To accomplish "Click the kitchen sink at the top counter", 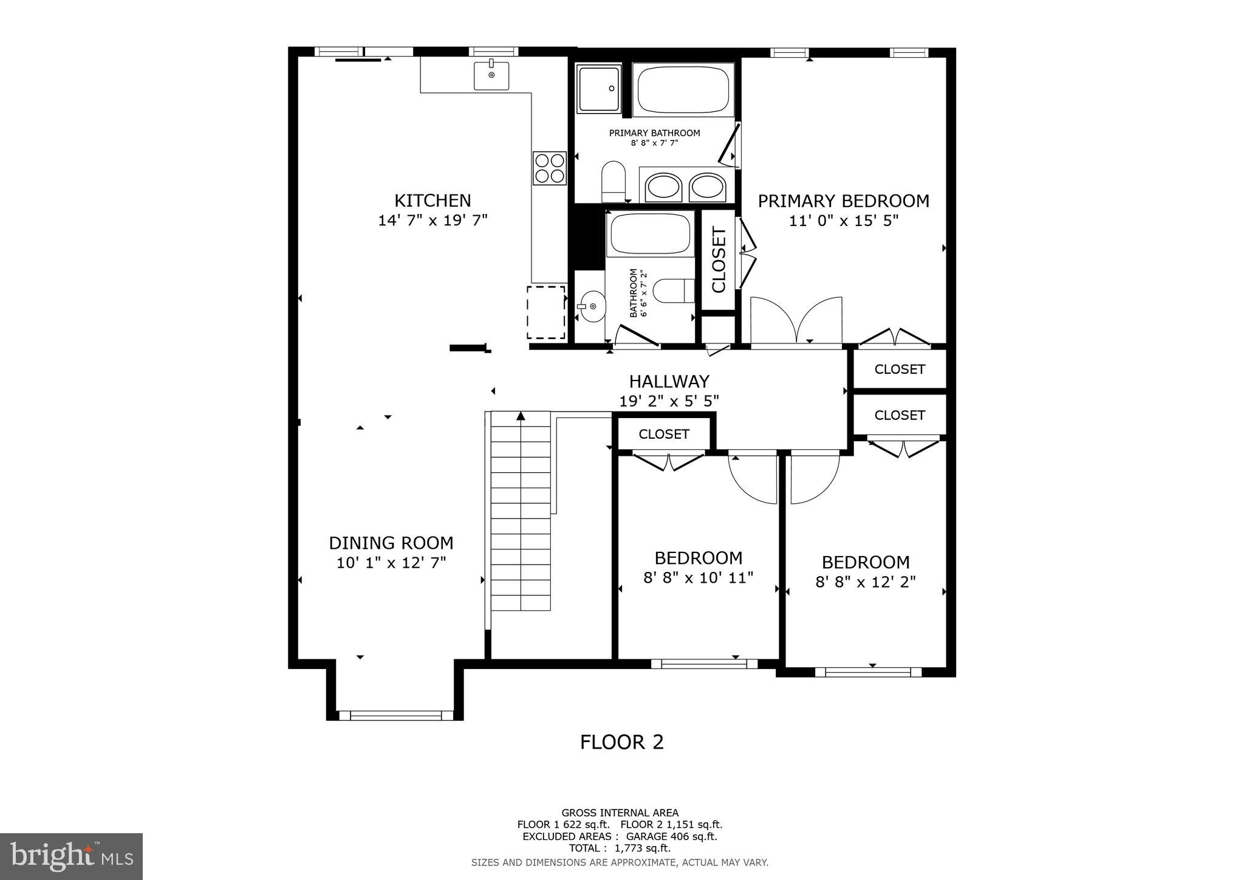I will tap(491, 75).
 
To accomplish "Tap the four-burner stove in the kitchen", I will tap(549, 168).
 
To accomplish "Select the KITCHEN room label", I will tap(432, 201).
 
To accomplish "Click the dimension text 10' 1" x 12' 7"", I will tap(391, 563).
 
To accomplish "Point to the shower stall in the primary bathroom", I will tap(599, 89).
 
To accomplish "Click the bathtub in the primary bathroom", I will tap(683, 90).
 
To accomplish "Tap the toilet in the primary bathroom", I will tap(613, 180).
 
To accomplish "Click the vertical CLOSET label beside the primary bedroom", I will tap(719, 260).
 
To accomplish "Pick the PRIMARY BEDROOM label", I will tap(843, 201).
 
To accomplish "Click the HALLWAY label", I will tap(669, 382).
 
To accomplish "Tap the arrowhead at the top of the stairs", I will tap(521, 416).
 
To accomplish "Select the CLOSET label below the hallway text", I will tap(664, 434).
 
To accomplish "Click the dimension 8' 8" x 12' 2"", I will tap(865, 582).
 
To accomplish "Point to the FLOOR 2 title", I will tap(621, 742).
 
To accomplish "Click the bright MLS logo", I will tap(71, 856).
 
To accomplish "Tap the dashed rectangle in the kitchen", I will tap(545, 312).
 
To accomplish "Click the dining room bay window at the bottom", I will tap(396, 715).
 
